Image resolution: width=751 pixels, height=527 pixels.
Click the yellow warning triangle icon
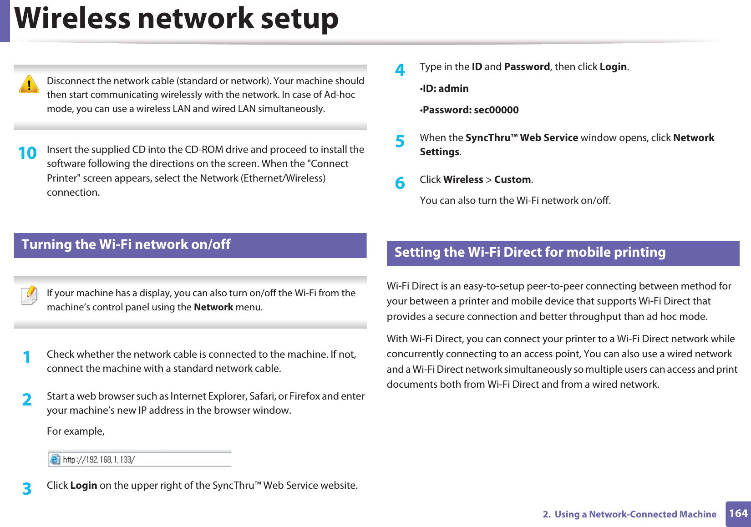pyautogui.click(x=29, y=84)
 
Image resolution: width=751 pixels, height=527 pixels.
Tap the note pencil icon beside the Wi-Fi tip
pyautogui.click(x=30, y=295)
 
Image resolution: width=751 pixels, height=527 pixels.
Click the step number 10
pyautogui.click(x=27, y=153)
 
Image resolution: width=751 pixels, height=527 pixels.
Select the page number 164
pyautogui.click(x=738, y=514)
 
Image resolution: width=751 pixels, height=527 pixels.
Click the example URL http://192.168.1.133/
pyautogui.click(x=98, y=460)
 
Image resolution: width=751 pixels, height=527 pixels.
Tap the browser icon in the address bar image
pyautogui.click(x=55, y=459)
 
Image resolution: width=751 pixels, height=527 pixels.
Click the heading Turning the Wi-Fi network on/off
pyautogui.click(x=126, y=245)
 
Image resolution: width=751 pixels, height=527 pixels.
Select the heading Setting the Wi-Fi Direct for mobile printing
pyautogui.click(x=530, y=253)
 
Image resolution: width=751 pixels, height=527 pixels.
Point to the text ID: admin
pyautogui.click(x=445, y=89)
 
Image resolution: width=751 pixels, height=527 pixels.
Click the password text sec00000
pyautogui.click(x=496, y=110)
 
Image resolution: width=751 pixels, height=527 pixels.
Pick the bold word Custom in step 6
pyautogui.click(x=513, y=180)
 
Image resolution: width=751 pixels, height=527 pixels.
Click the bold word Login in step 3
pyautogui.click(x=84, y=486)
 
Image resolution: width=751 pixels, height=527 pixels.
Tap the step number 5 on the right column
pyautogui.click(x=400, y=142)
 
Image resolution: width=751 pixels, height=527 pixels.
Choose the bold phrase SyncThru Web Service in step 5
pyautogui.click(x=522, y=138)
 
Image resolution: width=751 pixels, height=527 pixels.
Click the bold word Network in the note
pyautogui.click(x=213, y=307)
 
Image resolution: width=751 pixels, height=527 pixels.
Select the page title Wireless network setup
pyautogui.click(x=177, y=19)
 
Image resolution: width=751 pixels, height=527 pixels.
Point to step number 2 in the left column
pyautogui.click(x=27, y=400)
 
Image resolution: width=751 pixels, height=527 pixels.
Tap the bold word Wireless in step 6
pyautogui.click(x=463, y=180)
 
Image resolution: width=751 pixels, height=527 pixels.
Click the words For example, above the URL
pyautogui.click(x=76, y=431)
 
